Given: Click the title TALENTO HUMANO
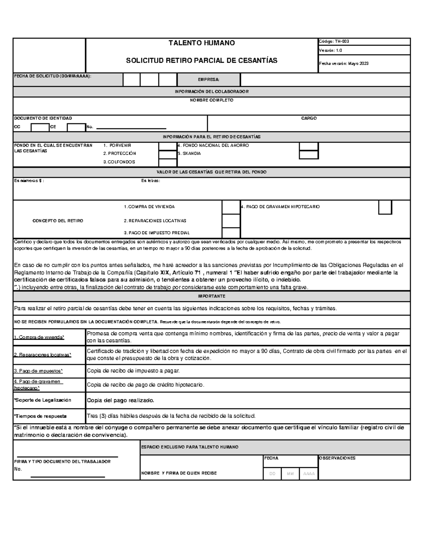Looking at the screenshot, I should click(x=201, y=43).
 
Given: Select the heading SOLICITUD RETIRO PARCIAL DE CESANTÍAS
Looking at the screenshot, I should click(x=201, y=61).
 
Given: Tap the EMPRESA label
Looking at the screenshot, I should click(x=209, y=80).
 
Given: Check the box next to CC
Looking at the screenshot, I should click(x=40, y=127).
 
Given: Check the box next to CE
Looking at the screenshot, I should click(x=76, y=127).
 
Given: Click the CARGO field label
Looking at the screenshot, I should click(x=309, y=118).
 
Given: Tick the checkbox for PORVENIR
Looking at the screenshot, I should click(x=168, y=146).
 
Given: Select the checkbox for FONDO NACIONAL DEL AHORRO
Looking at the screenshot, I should click(x=309, y=146).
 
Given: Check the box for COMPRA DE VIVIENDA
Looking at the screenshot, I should click(x=231, y=207).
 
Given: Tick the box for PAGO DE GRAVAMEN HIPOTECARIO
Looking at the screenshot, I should click(x=385, y=207).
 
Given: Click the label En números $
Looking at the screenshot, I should click(x=29, y=181).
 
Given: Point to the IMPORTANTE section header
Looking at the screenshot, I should click(x=211, y=296).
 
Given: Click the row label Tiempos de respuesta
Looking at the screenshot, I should click(x=40, y=416).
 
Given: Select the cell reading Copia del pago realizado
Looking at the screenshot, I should click(x=121, y=400).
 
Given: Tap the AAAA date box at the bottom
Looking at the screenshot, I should click(x=309, y=474).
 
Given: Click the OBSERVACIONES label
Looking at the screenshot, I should click(x=337, y=458).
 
